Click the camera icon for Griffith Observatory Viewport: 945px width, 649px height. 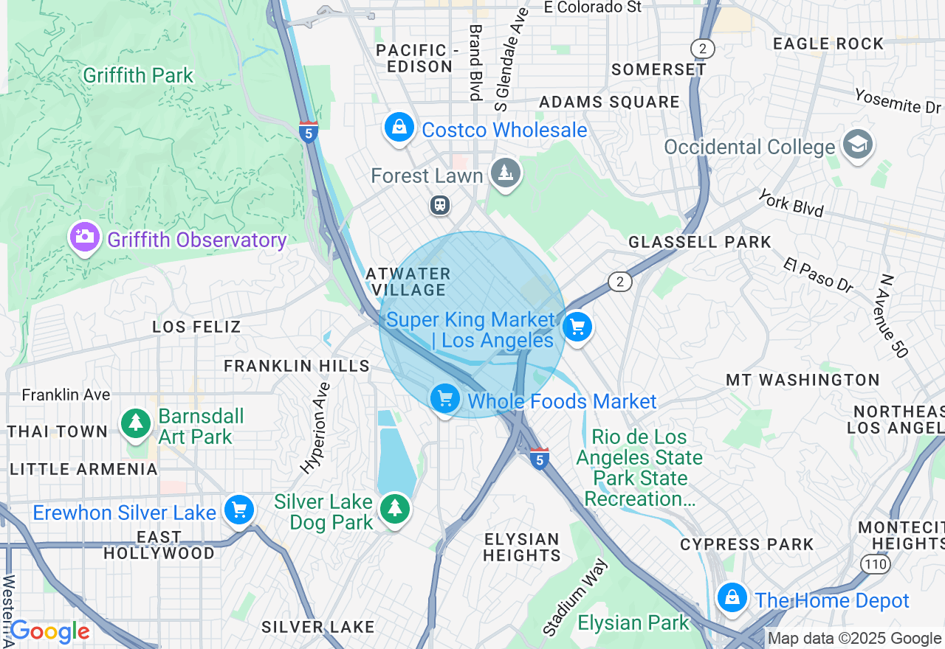[85, 237]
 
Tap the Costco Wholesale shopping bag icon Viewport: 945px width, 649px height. [399, 128]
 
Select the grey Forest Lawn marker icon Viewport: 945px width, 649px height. [506, 173]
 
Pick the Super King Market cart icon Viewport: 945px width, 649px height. [577, 327]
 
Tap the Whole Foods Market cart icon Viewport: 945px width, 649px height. [444, 399]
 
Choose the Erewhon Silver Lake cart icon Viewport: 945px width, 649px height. [239, 510]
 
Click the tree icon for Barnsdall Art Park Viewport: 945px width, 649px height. [136, 423]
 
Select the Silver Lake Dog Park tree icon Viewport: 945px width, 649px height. [396, 508]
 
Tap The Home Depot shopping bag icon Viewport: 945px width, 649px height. [732, 597]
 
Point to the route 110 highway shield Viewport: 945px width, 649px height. [876, 564]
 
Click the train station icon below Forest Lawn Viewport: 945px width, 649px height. [440, 205]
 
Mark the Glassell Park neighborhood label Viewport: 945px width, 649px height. [699, 242]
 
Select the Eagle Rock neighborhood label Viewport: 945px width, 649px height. [828, 44]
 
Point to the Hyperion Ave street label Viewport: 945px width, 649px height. [315, 428]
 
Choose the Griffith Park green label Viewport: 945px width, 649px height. [138, 76]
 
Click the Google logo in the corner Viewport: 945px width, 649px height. [49, 631]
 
